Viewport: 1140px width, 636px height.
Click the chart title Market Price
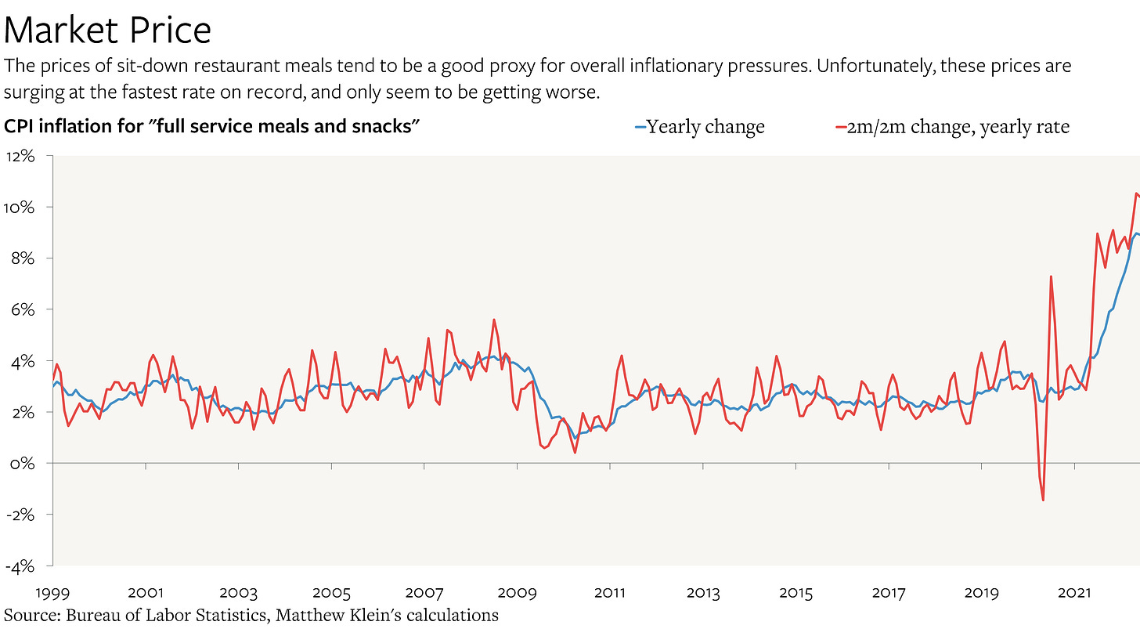tap(108, 30)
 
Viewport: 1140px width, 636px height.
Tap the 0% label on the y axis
tap(23, 464)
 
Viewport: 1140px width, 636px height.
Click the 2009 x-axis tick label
tap(517, 593)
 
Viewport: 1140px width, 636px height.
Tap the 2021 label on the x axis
tap(1074, 593)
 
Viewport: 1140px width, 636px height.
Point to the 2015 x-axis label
tap(795, 593)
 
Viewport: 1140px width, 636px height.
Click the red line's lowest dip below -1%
tap(1044, 500)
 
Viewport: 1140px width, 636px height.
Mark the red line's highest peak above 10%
tap(1136, 193)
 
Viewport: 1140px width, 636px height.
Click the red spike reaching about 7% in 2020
tap(1051, 276)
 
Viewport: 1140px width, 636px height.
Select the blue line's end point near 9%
tap(1138, 233)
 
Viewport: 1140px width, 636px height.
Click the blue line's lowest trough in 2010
tap(575, 438)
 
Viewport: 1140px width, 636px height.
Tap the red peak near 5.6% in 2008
tap(494, 320)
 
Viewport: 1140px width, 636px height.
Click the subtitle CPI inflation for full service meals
tap(208, 126)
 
